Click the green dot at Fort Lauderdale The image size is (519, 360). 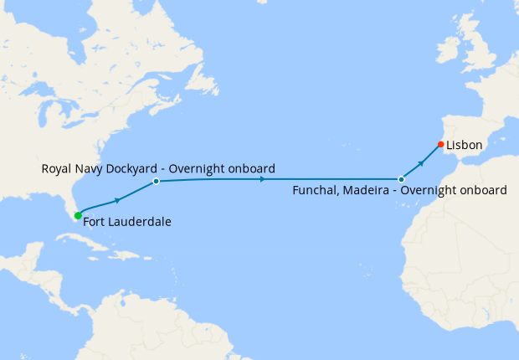78,216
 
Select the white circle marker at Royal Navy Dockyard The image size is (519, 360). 156,181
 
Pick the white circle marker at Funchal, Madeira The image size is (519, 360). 401,179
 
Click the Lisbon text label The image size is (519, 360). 464,145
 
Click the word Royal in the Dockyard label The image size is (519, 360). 56,168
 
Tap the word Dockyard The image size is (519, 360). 133,168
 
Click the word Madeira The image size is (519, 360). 367,191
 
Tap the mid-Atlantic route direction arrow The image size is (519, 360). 263,179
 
